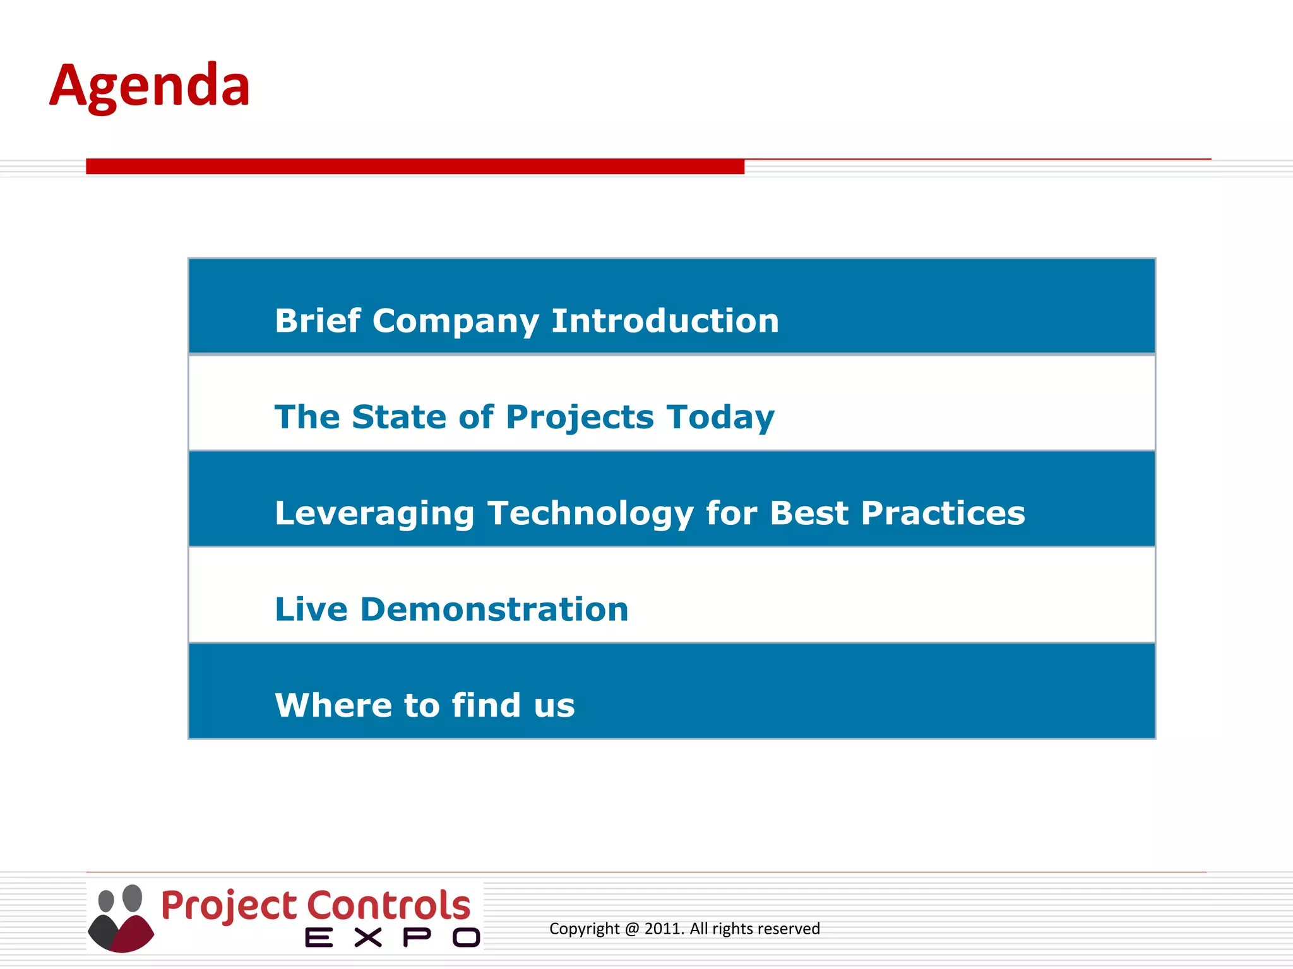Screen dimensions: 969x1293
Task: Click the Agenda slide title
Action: pos(150,86)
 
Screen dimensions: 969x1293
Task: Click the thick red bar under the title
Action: pos(415,167)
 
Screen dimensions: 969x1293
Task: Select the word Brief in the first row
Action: pos(318,320)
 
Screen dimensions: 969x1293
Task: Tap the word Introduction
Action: pos(665,320)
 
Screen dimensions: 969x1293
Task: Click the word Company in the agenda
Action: pos(455,322)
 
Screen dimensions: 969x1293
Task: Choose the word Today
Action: pos(720,418)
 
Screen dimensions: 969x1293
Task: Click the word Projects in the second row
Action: pos(580,418)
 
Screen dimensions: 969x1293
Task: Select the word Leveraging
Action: pos(374,514)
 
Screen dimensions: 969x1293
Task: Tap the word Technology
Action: pos(590,514)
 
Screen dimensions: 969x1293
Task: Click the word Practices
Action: pos(943,513)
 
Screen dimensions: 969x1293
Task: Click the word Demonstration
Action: pos(494,609)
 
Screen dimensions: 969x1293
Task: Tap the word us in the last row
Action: pos(554,707)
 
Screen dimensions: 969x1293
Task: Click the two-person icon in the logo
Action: pos(121,918)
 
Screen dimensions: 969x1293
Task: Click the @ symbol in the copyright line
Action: pos(632,929)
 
